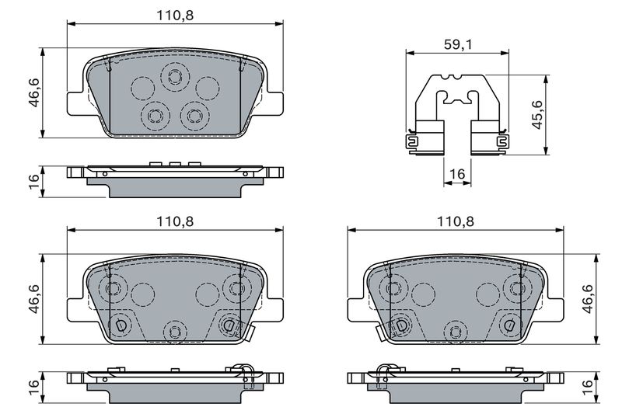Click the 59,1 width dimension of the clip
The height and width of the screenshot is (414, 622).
458,44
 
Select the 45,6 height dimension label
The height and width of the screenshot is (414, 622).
536,114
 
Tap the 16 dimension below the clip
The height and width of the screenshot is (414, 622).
457,174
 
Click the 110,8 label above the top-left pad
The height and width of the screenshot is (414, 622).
175,16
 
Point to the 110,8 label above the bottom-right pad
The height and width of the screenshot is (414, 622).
455,221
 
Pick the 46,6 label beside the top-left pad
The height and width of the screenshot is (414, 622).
34,92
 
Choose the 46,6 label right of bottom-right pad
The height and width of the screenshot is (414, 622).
588,299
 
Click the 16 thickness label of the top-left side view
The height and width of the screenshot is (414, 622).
34,182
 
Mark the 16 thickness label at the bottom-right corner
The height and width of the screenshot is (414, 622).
588,387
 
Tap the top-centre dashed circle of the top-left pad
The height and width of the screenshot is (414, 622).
175,76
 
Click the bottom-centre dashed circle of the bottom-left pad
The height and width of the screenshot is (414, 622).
175,332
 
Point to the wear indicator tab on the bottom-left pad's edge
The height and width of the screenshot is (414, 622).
250,332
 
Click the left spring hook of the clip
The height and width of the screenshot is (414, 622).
412,142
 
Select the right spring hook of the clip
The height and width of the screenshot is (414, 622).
502,142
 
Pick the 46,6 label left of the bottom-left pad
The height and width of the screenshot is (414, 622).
34,299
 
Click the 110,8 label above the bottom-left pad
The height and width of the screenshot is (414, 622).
175,221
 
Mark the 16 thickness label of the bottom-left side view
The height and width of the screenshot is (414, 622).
34,387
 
